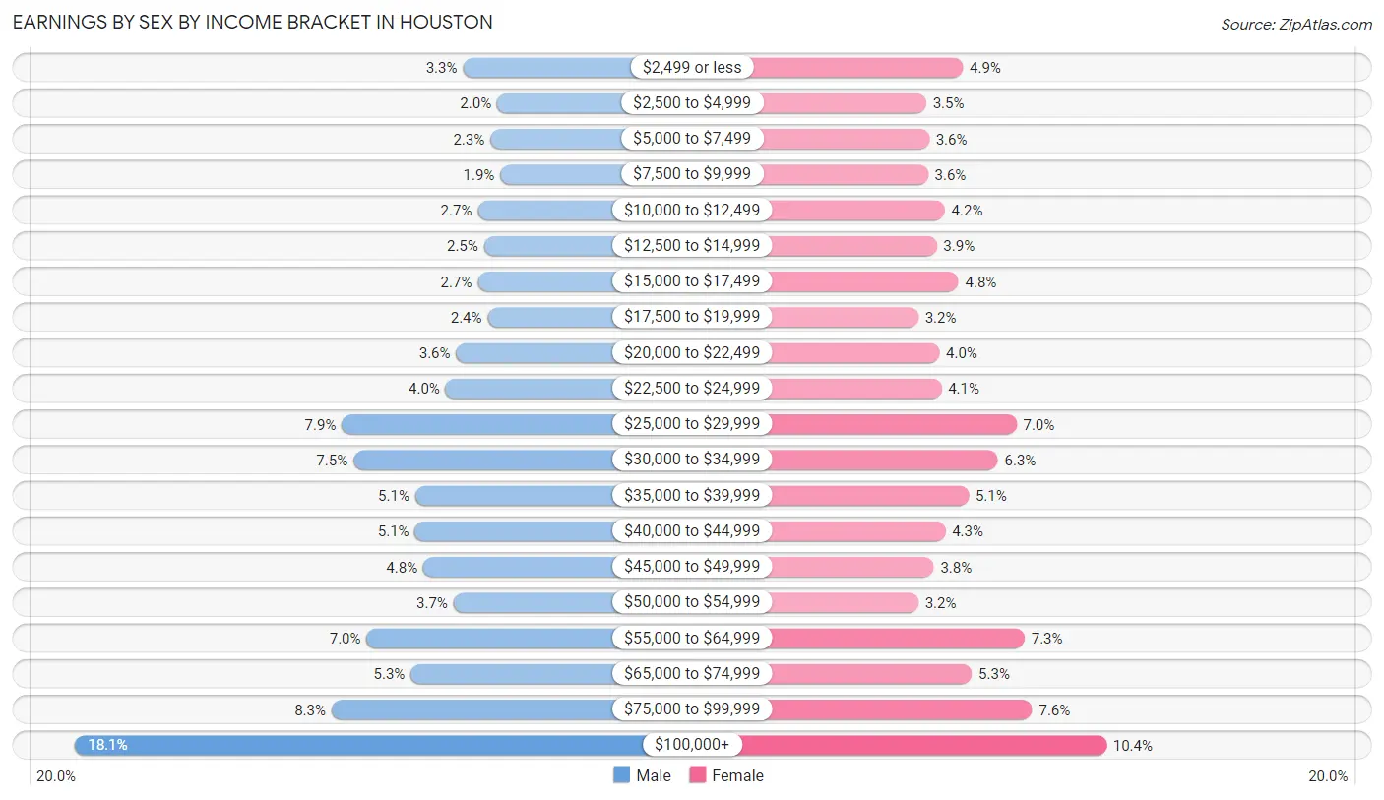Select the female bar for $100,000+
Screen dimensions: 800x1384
(925, 745)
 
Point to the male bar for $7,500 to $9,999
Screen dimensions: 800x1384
(561, 174)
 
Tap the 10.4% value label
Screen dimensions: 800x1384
(1132, 746)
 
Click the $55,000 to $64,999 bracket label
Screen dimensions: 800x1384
(691, 638)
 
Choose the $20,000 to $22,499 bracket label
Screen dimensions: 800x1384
(691, 352)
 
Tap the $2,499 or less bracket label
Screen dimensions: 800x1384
(691, 67)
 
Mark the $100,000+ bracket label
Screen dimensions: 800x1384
(691, 745)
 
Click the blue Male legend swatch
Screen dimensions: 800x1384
(621, 775)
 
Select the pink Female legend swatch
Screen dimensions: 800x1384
(698, 775)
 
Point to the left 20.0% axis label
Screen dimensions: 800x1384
(56, 776)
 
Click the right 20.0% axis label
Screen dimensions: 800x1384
(1328, 776)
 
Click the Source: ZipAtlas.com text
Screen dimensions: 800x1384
(1295, 24)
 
